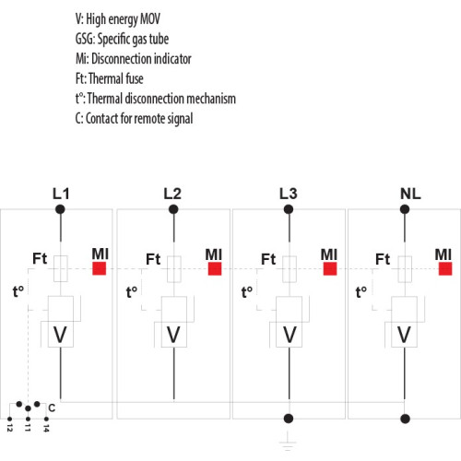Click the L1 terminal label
click(61, 194)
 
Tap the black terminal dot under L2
click(173, 209)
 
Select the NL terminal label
click(410, 194)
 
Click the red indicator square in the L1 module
click(100, 268)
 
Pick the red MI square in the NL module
click(445, 268)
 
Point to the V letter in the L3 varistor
click(290, 335)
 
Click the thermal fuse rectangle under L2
click(174, 269)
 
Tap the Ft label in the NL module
click(383, 259)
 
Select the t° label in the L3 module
click(247, 291)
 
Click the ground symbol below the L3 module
click(288, 441)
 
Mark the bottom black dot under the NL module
click(405, 419)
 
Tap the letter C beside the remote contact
click(52, 408)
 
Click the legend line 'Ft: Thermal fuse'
click(110, 78)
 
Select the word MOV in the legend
click(150, 19)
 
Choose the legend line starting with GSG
click(122, 39)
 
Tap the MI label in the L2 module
click(214, 254)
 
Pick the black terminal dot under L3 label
click(289, 209)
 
